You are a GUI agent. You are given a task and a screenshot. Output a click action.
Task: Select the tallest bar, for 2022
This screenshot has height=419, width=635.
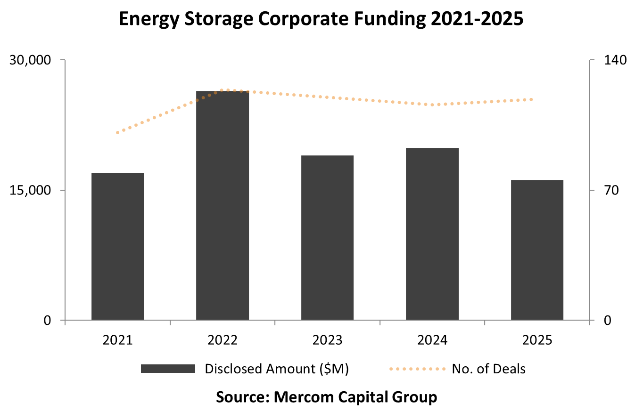tap(223, 205)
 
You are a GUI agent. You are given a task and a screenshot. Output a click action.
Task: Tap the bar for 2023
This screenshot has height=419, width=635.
tap(327, 238)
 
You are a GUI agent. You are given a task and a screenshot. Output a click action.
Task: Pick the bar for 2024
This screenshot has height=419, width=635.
tap(432, 234)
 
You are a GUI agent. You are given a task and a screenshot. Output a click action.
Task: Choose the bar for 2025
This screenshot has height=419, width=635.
tap(537, 250)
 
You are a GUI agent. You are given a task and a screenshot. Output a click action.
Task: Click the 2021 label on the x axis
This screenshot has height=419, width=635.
tap(117, 340)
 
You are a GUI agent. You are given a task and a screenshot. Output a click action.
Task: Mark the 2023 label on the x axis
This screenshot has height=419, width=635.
tap(327, 340)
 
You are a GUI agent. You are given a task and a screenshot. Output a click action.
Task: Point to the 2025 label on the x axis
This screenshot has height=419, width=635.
tap(537, 340)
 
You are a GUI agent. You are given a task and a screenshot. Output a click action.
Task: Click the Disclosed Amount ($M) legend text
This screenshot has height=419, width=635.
tap(277, 369)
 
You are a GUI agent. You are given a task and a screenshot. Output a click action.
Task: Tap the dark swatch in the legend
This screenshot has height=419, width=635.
tap(168, 369)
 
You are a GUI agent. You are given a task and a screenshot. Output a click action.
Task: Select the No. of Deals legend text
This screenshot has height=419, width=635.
tap(488, 369)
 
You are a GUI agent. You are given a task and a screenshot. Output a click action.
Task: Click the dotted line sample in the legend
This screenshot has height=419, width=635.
tap(417, 369)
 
